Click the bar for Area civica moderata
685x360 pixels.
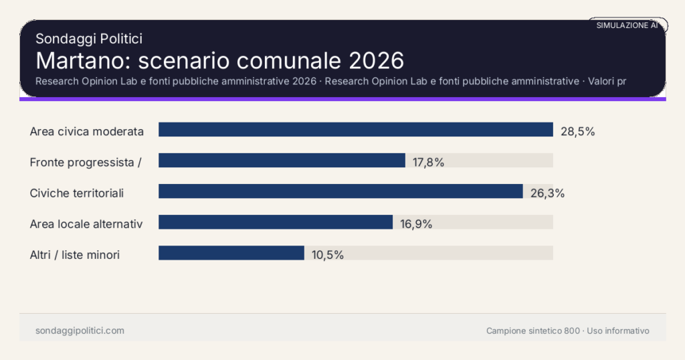pos(355,130)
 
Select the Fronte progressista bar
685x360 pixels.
pos(282,161)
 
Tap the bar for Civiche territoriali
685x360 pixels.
pos(340,191)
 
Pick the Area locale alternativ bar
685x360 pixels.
pos(275,222)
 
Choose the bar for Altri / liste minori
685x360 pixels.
pos(231,253)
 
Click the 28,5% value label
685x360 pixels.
pos(577,131)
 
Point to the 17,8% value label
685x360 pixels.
pos(429,162)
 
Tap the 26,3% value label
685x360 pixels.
pos(547,193)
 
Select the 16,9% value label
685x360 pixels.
pos(416,223)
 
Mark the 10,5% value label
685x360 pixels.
pos(328,254)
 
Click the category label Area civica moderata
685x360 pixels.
pos(87,131)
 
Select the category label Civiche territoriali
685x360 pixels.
pos(77,193)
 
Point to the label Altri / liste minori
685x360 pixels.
pos(75,254)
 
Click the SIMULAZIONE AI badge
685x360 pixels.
pos(627,25)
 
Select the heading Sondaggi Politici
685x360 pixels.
pos(88,39)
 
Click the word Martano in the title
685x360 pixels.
pos(82,60)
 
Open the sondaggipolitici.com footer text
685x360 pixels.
pos(80,331)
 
